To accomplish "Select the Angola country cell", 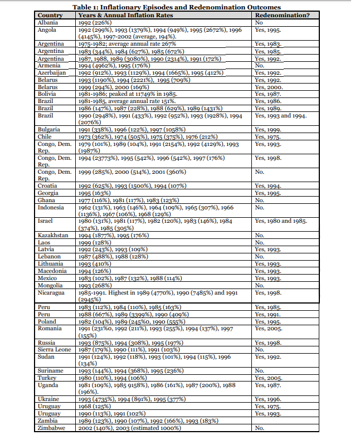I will (x=47, y=30).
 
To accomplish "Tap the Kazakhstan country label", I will (x=52, y=235).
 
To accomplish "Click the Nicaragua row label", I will (x=51, y=292).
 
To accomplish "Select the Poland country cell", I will (x=46, y=321).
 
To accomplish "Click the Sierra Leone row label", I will (x=55, y=349).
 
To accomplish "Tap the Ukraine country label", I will (x=47, y=399).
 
